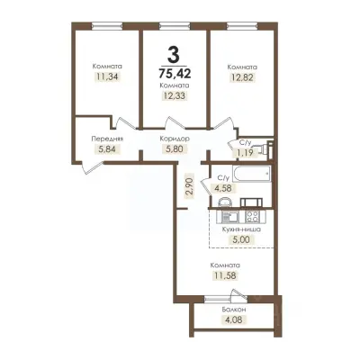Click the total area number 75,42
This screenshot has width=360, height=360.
pyautogui.click(x=175, y=73)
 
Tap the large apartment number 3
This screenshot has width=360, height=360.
pyautogui.click(x=174, y=55)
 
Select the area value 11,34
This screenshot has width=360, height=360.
pyautogui.click(x=107, y=76)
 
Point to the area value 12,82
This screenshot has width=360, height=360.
pyautogui.click(x=242, y=77)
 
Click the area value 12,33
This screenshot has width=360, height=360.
pyautogui.click(x=175, y=95)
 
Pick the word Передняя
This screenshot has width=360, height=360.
pyautogui.click(x=107, y=139)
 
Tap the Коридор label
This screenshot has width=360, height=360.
pyautogui.click(x=175, y=139)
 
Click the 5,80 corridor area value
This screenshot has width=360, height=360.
pyautogui.click(x=175, y=148)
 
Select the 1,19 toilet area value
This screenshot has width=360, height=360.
pyautogui.click(x=246, y=153)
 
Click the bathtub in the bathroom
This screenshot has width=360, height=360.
pyautogui.click(x=252, y=174)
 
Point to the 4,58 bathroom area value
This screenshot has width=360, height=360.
pyautogui.click(x=223, y=188)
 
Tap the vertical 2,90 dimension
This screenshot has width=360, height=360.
pyautogui.click(x=189, y=187)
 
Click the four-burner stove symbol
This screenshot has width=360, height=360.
pyautogui.click(x=252, y=217)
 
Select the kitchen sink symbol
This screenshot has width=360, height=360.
pyautogui.click(x=229, y=217)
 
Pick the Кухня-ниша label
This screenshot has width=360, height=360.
pyautogui.click(x=241, y=229)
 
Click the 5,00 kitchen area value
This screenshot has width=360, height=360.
pyautogui.click(x=241, y=239)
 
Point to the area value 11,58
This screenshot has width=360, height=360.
pyautogui.click(x=226, y=275)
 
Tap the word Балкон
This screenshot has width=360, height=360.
pyautogui.click(x=234, y=310)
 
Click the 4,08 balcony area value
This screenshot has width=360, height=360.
pyautogui.click(x=234, y=319)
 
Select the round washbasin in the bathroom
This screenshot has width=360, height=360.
pyautogui.click(x=225, y=202)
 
